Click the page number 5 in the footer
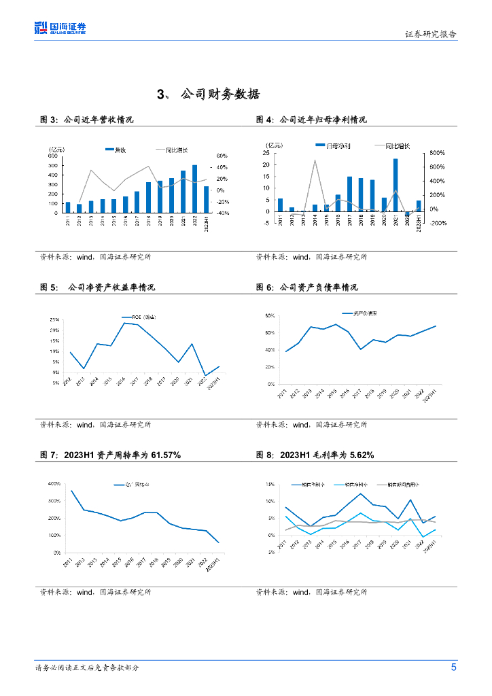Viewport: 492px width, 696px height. coord(453,667)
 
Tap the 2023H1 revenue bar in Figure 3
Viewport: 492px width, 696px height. coord(207,200)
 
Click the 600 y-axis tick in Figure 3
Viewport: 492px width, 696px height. coord(52,156)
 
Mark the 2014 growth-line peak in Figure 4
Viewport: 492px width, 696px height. coord(315,160)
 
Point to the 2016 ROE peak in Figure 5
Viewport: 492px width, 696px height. coord(124,323)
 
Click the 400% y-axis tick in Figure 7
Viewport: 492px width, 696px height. coord(53,483)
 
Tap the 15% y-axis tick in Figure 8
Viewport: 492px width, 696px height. coord(270,485)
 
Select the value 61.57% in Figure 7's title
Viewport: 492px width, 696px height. coord(161,455)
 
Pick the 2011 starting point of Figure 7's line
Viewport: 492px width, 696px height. coord(71,491)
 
